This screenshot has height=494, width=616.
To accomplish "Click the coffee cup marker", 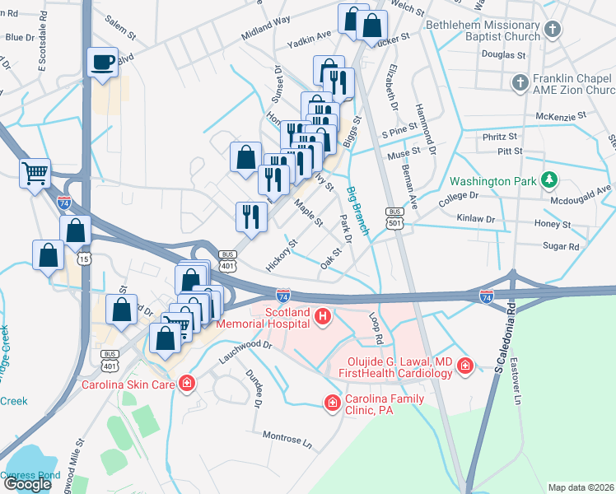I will point(103,63).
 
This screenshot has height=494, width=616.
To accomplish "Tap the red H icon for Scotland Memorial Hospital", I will point(323,315).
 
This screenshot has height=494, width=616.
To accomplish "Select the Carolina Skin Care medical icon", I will point(187,383).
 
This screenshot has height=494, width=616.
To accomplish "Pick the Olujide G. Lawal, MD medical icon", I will point(465,365).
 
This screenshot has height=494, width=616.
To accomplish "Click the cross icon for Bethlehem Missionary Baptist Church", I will point(553,30).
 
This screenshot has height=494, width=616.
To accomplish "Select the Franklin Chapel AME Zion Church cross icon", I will point(520,83).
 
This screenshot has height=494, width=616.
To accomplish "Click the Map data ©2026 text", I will point(581,487).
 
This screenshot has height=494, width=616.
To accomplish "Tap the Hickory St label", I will point(282,256).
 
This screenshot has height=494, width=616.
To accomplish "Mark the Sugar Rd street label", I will point(562,245).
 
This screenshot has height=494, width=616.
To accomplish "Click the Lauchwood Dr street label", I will point(245,351).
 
